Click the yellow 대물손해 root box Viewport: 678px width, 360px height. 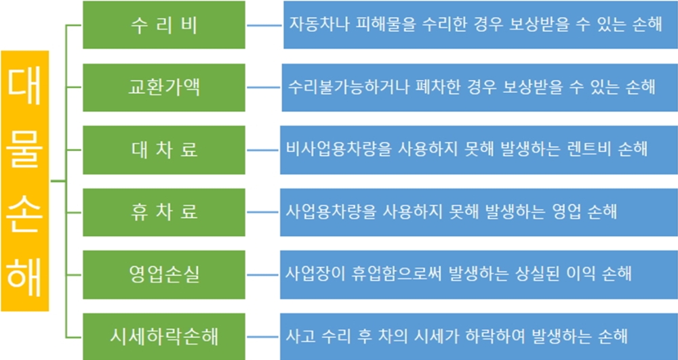pos(24,180)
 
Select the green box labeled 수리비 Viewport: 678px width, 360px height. pos(164,24)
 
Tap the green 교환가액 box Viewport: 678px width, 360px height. pos(164,87)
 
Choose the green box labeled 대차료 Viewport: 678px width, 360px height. pos(164,150)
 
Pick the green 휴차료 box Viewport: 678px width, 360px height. pos(164,212)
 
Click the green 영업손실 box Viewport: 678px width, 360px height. pos(164,275)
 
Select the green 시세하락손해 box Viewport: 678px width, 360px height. pos(164,336)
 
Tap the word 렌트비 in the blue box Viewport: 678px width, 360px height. pos(602,150)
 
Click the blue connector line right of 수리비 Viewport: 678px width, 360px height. pos(264,25)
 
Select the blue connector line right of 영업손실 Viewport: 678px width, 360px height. pos(262,275)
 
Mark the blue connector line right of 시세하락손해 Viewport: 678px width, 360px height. pos(262,337)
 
